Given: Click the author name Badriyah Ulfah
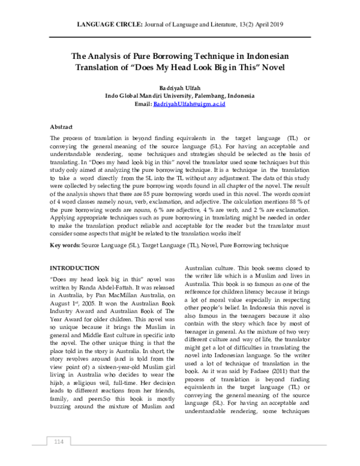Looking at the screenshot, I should coord(179,88).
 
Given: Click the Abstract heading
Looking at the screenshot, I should coord(61,127).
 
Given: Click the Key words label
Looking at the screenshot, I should coord(64,246).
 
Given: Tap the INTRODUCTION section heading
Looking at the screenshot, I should coord(74,267).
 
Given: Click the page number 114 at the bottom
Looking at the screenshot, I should coord(59,443).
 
